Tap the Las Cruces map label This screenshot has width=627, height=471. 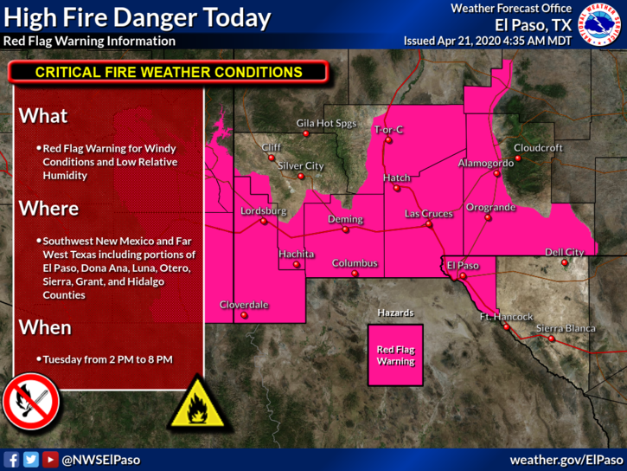429,213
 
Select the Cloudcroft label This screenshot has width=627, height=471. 538,148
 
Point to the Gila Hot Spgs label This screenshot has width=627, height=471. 326,123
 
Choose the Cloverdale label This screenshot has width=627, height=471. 244,305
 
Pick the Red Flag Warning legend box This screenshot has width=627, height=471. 395,355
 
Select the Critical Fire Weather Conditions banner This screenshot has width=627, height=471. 169,73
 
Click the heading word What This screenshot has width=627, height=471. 43,116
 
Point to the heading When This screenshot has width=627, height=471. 45,328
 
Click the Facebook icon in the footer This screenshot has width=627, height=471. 12,460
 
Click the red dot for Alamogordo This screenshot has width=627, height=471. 496,173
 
